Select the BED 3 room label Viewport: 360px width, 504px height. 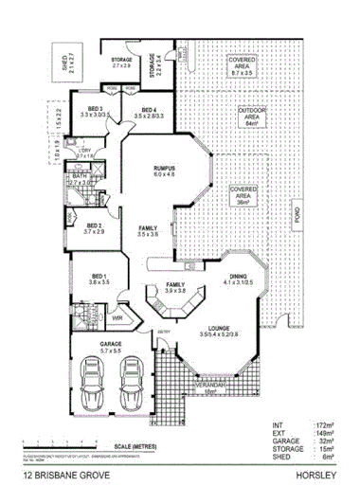[x=98, y=110]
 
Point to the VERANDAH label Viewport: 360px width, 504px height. [x=208, y=387]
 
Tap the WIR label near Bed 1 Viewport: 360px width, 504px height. [x=118, y=317]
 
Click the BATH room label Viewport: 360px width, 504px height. [x=79, y=176]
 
